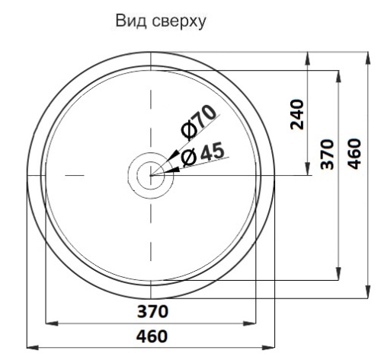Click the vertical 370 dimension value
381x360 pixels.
pos(327,155)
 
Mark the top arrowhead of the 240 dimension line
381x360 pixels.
pos(308,56)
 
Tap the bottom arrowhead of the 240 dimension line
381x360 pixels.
pos(308,171)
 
